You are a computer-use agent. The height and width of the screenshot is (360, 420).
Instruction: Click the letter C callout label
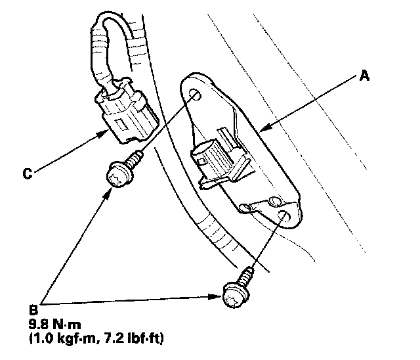27,174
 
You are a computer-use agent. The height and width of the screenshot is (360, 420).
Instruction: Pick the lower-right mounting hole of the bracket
284,217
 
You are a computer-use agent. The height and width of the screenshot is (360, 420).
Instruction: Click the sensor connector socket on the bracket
209,158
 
